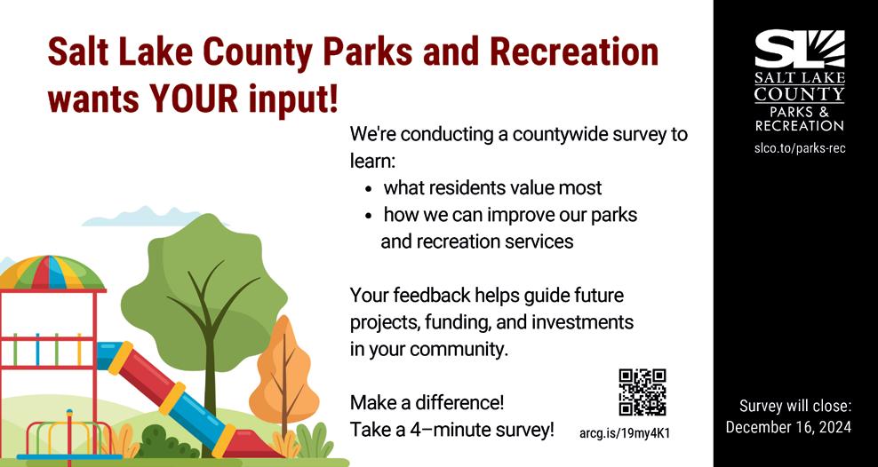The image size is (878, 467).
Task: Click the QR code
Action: [x=643, y=392]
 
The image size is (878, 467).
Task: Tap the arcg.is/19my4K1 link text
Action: [x=626, y=433]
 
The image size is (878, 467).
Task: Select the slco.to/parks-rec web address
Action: [x=799, y=149]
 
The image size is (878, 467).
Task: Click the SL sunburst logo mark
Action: [x=800, y=49]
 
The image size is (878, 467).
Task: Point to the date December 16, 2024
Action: [x=788, y=427]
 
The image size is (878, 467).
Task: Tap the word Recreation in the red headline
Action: [x=574, y=51]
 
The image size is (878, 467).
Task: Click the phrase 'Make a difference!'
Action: [x=427, y=402]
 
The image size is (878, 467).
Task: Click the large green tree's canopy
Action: [x=204, y=291]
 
